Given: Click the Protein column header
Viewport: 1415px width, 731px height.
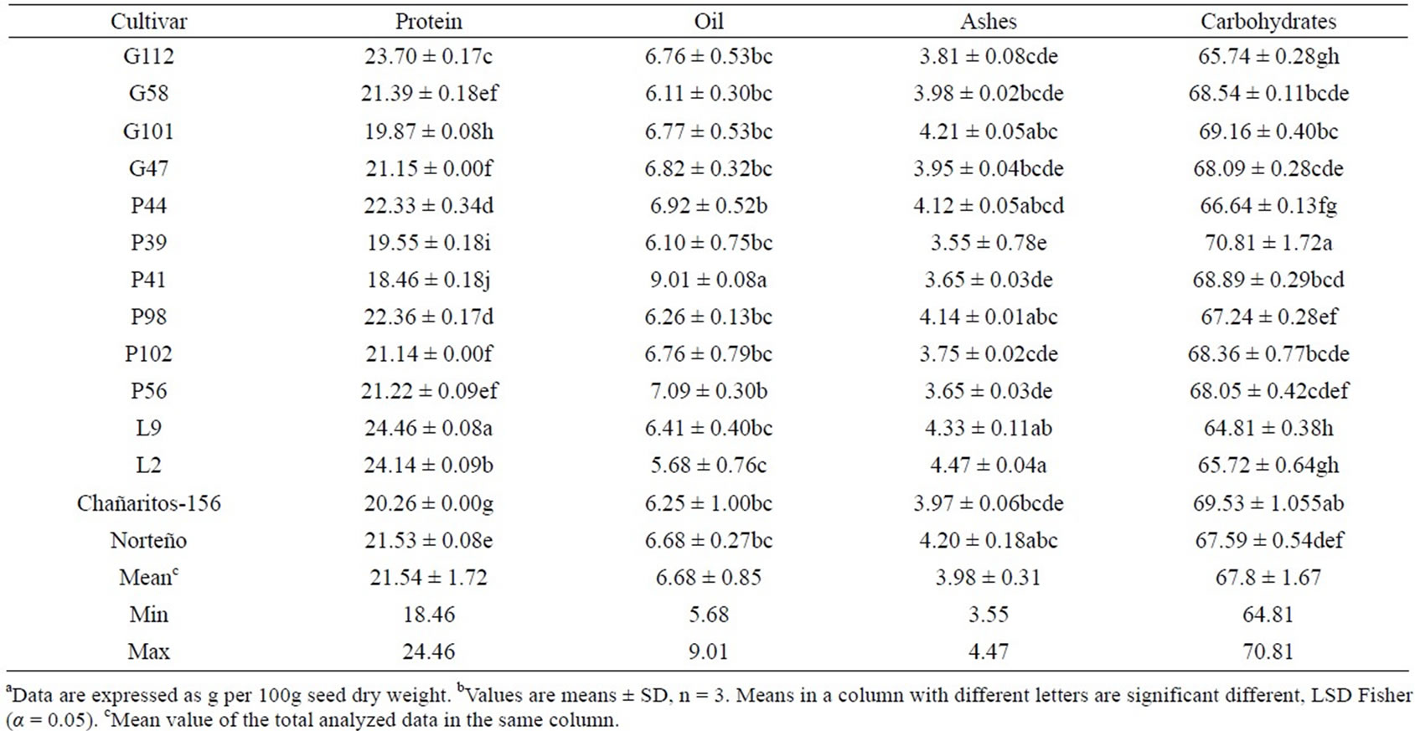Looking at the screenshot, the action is [429, 22].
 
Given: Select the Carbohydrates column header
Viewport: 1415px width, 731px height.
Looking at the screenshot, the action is [1268, 22].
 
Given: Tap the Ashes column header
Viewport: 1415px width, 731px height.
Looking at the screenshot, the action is [989, 22].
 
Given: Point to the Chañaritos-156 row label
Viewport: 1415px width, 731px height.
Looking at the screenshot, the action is [149, 503].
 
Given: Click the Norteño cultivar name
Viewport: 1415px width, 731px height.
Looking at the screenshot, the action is [148, 540].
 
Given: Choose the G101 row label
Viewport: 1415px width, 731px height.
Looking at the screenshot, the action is [148, 131].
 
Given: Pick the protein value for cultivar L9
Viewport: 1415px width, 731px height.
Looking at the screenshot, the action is [428, 429].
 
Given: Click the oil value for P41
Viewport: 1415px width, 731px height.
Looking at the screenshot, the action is [708, 280].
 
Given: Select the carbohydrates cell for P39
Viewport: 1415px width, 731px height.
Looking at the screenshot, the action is [1268, 242].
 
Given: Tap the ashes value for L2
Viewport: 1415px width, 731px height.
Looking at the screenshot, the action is [988, 466].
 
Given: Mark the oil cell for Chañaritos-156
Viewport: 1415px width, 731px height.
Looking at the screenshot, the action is [708, 503].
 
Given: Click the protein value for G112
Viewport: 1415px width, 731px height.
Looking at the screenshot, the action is [428, 57].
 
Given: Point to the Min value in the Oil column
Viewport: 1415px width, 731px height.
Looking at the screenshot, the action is [709, 615].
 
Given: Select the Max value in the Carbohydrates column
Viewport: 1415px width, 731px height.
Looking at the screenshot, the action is [1268, 651].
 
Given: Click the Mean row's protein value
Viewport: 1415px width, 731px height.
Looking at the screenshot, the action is [428, 578].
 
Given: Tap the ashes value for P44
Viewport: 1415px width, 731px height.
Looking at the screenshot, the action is [989, 206].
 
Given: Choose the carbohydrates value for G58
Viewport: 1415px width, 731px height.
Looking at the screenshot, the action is [1268, 94].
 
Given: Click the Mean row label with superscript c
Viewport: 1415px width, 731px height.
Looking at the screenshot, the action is [148, 577].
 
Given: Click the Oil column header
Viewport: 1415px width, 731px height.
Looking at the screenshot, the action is [709, 22].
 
